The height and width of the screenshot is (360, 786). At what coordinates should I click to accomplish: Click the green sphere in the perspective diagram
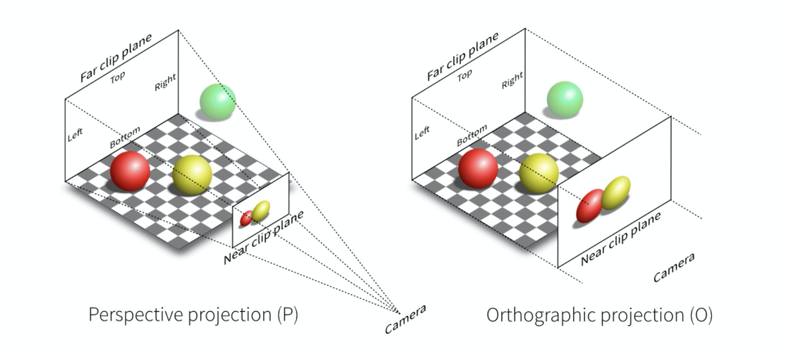coord(217,101)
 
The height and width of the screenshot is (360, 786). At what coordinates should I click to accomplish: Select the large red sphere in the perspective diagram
coord(130,171)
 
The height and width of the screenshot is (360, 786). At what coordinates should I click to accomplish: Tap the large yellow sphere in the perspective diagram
coord(192,175)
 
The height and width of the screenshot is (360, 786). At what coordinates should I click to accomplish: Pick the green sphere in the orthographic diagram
coord(565,100)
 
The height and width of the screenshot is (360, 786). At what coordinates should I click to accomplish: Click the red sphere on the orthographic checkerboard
coord(478,168)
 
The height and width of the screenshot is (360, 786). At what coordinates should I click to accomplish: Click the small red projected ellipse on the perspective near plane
coord(246,218)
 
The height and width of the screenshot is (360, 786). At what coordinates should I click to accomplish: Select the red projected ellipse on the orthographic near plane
coord(590,206)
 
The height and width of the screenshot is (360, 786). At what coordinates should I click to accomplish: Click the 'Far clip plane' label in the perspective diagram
coord(116,58)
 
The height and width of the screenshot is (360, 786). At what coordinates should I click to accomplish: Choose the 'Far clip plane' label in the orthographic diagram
coord(463,56)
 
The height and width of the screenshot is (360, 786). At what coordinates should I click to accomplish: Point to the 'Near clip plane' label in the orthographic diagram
coord(621,239)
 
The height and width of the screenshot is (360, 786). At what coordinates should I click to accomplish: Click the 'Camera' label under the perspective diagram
coord(405,320)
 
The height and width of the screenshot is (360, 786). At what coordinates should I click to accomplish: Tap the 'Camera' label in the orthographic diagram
coord(674,267)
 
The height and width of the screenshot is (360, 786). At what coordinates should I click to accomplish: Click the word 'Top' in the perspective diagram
coord(118,77)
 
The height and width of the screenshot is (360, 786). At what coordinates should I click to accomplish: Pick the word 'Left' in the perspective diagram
coord(75,135)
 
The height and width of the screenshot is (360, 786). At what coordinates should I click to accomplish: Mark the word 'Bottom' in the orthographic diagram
coord(472,136)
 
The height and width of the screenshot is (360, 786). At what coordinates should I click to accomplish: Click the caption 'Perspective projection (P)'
coord(193,315)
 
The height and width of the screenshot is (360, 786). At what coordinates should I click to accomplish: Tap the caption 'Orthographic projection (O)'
coord(599,316)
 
